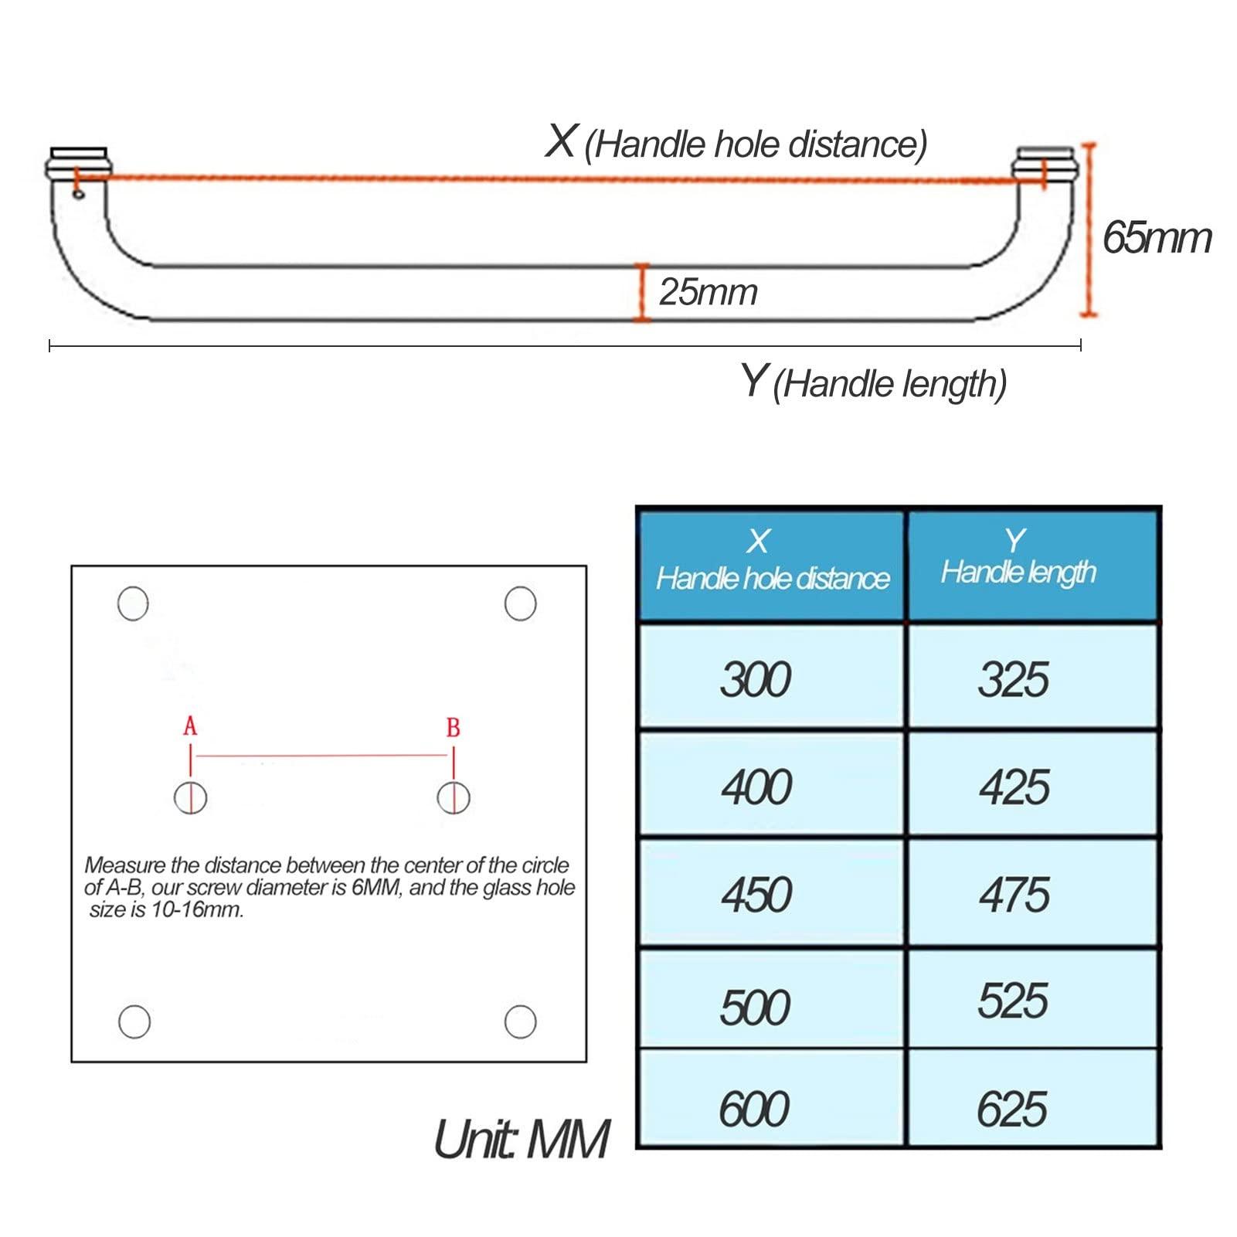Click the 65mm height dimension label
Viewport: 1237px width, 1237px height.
click(x=1156, y=237)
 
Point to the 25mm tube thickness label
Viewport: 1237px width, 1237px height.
click(x=708, y=292)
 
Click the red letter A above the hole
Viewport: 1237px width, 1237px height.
click(x=190, y=726)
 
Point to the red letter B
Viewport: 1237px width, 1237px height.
click(x=453, y=727)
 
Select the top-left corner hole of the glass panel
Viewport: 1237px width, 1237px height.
click(x=133, y=603)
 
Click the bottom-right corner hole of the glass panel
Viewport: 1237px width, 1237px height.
click(x=520, y=1021)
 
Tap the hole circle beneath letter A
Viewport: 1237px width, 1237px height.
click(x=190, y=797)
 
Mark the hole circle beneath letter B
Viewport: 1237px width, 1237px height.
click(x=453, y=797)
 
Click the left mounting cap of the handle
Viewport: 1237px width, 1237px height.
click(x=79, y=160)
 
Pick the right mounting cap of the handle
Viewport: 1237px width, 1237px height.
click(x=1043, y=161)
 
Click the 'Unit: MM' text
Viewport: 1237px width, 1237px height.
click(x=521, y=1139)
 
